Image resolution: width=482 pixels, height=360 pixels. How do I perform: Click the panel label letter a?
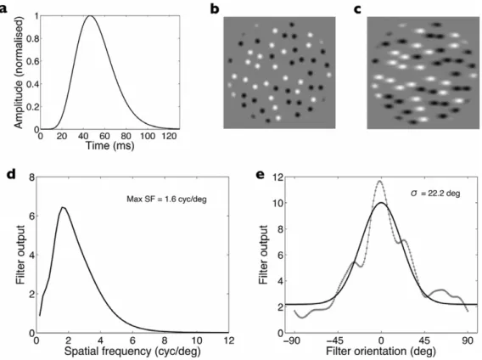(x=3, y=8)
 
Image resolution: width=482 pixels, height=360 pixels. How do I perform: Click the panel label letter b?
(x=215, y=8)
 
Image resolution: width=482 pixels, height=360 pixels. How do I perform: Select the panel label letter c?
(x=357, y=9)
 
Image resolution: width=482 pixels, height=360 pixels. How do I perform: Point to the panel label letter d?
(x=11, y=174)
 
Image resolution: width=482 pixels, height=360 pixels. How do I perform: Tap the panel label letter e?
(x=261, y=175)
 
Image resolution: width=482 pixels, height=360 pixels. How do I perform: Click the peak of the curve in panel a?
(x=90, y=15)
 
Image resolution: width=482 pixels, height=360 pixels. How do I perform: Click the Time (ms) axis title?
(x=109, y=145)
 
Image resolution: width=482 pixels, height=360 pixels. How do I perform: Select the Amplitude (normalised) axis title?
(x=19, y=72)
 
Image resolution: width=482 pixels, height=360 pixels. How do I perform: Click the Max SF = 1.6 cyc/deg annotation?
(x=166, y=200)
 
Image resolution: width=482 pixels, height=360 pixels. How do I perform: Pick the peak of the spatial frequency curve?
(x=63, y=207)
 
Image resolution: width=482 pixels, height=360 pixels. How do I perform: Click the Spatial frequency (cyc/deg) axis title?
(x=132, y=351)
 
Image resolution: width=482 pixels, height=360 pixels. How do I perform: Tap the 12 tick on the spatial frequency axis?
(x=228, y=340)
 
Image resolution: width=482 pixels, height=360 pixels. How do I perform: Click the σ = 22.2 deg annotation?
(x=435, y=194)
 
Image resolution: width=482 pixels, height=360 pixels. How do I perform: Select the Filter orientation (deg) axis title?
(x=380, y=351)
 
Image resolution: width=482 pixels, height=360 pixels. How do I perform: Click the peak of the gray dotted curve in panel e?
(x=380, y=181)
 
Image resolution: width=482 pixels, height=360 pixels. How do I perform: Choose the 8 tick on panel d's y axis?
(x=31, y=177)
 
